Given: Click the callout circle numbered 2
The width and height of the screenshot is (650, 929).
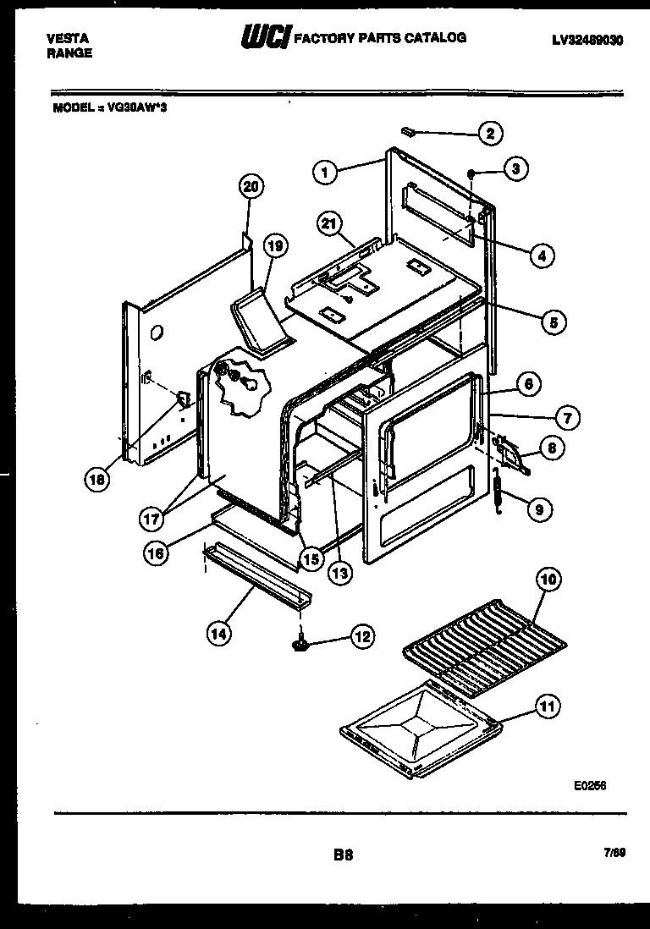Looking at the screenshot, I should tap(489, 133).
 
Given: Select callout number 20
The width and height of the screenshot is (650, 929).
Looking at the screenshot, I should tap(251, 187).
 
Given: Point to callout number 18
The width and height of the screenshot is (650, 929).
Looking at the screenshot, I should tap(99, 480).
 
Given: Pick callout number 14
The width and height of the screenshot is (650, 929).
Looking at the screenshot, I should tap(218, 630).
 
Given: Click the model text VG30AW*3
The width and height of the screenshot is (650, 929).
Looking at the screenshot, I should tap(138, 107).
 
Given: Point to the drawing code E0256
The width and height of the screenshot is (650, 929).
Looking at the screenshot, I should tap(590, 785).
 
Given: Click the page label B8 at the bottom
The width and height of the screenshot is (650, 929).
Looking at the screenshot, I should tap(343, 855).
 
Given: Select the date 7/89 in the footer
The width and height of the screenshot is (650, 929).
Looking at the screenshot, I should tap(614, 855).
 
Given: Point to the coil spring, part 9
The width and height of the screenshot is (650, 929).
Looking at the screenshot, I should tap(499, 495).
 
